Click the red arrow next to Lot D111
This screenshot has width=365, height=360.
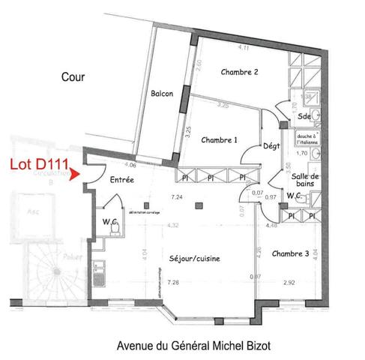tap(72, 175)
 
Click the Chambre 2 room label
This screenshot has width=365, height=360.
tap(240, 72)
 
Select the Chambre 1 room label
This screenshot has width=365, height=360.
tap(220, 140)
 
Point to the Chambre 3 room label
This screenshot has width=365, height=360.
tap(290, 253)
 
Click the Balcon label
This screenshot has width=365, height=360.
tap(162, 94)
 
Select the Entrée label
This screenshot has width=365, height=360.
tap(121, 180)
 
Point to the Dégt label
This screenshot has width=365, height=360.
tap(271, 145)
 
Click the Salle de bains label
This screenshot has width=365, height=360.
tap(306, 180)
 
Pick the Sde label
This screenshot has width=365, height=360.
tap(304, 118)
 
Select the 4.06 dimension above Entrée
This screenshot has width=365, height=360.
tap(130, 164)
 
